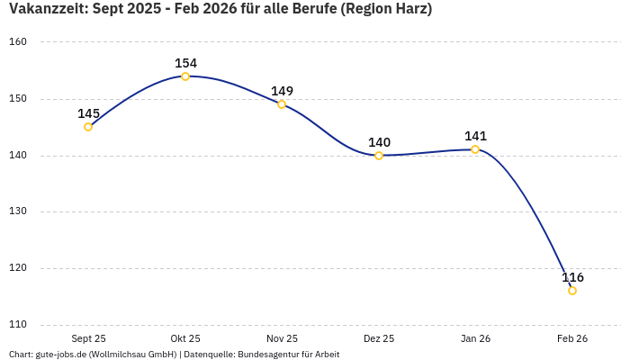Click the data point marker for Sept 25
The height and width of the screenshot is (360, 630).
click(x=88, y=127)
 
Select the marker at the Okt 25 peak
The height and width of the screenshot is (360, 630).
click(x=185, y=76)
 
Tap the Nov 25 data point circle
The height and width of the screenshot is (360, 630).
click(x=282, y=104)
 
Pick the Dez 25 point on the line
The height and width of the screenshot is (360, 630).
click(x=379, y=156)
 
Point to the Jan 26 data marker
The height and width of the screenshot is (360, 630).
click(x=475, y=149)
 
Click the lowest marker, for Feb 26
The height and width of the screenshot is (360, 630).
click(x=572, y=291)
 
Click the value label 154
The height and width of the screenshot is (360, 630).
click(x=185, y=63)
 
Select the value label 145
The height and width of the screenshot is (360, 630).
click(x=88, y=113)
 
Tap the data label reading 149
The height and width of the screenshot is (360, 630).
click(x=282, y=91)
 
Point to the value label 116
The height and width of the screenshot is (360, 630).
click(x=572, y=277)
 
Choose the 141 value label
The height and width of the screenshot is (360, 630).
click(x=475, y=136)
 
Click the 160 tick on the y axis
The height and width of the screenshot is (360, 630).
click(x=19, y=42)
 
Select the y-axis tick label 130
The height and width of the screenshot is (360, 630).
click(x=19, y=211)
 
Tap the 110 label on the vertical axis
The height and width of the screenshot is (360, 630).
click(x=19, y=324)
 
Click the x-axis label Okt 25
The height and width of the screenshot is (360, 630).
click(x=185, y=338)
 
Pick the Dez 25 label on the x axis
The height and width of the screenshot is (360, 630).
click(x=379, y=338)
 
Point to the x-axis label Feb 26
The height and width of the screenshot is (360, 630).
click(x=572, y=338)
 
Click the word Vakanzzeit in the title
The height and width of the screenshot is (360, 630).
click(x=44, y=10)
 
